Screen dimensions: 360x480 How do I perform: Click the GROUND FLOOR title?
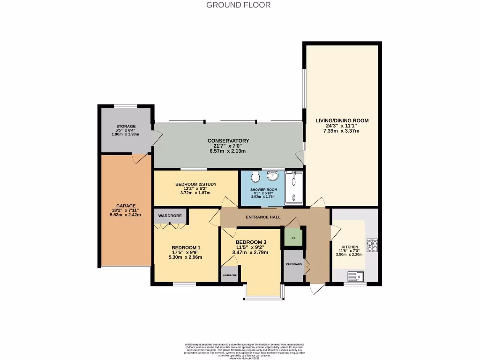[238, 5]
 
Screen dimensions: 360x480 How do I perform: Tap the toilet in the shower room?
[255, 177]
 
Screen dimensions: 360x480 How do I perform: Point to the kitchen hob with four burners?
[373, 245]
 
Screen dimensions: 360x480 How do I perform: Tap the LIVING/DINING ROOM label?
[342, 120]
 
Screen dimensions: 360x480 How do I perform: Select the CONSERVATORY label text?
[228, 141]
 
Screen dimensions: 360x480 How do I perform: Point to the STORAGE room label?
[126, 127]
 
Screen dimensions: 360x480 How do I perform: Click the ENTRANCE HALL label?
[263, 217]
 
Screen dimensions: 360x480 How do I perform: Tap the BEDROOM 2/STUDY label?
[196, 184]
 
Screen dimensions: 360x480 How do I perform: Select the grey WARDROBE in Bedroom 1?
[170, 216]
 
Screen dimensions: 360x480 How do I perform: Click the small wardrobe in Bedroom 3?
[229, 275]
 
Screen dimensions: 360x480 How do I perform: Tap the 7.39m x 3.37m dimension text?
[341, 131]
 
